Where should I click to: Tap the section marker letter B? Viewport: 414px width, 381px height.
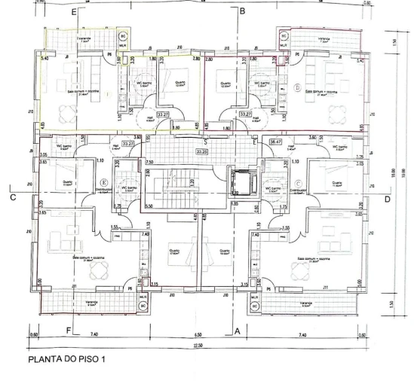point(242,12)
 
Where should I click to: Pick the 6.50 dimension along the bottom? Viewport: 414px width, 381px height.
point(198,333)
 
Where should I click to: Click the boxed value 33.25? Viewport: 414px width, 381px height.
point(201,151)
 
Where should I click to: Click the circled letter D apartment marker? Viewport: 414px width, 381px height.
point(298,88)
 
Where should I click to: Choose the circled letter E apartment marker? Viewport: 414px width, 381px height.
point(103,181)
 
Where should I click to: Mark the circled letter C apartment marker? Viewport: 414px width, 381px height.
point(299,181)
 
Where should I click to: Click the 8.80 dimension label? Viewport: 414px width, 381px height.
point(174,128)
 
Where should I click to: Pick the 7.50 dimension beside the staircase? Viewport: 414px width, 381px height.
point(149,162)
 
